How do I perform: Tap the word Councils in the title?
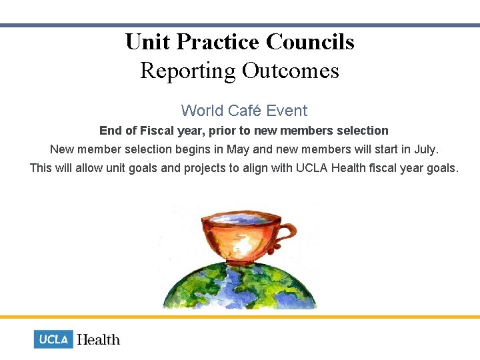[310, 43]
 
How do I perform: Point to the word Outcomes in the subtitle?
[291, 71]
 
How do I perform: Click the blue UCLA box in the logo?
[53, 339]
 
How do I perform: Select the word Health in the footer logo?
[99, 340]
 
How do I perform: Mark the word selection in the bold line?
[364, 131]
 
